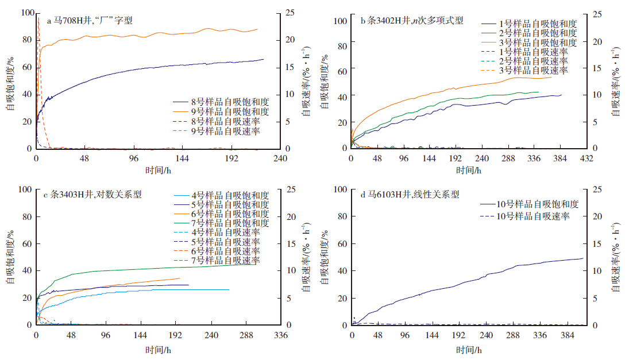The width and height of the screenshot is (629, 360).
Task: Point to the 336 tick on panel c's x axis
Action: tap(280, 335)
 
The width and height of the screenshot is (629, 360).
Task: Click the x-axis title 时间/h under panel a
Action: tap(157, 171)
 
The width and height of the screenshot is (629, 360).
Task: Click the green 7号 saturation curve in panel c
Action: tap(144, 268)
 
